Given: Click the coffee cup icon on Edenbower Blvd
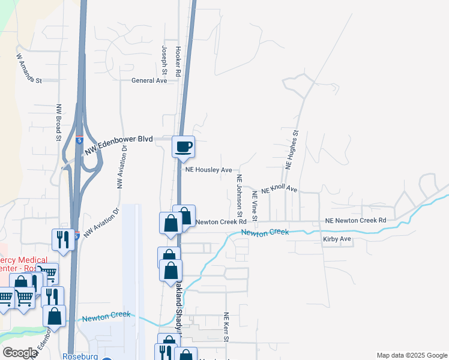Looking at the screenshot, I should pyautogui.click(x=184, y=146).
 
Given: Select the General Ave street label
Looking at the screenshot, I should pyautogui.click(x=149, y=80).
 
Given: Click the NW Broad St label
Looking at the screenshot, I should pyautogui.click(x=59, y=123).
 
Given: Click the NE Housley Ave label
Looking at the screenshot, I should pyautogui.click(x=209, y=170).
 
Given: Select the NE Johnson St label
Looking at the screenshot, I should pyautogui.click(x=239, y=196).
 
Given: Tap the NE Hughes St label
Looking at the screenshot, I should pyautogui.click(x=292, y=150).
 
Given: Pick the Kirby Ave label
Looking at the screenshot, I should pyautogui.click(x=336, y=239).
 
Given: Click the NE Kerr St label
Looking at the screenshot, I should pyautogui.click(x=226, y=327).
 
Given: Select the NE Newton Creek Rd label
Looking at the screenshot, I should pyautogui.click(x=355, y=221).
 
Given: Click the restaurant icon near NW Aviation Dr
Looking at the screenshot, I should pyautogui.click(x=62, y=239).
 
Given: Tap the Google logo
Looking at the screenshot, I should pyautogui.click(x=20, y=353).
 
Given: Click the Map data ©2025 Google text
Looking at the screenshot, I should pyautogui.click(x=411, y=355).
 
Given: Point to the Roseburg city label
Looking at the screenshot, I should pyautogui.click(x=80, y=355).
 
